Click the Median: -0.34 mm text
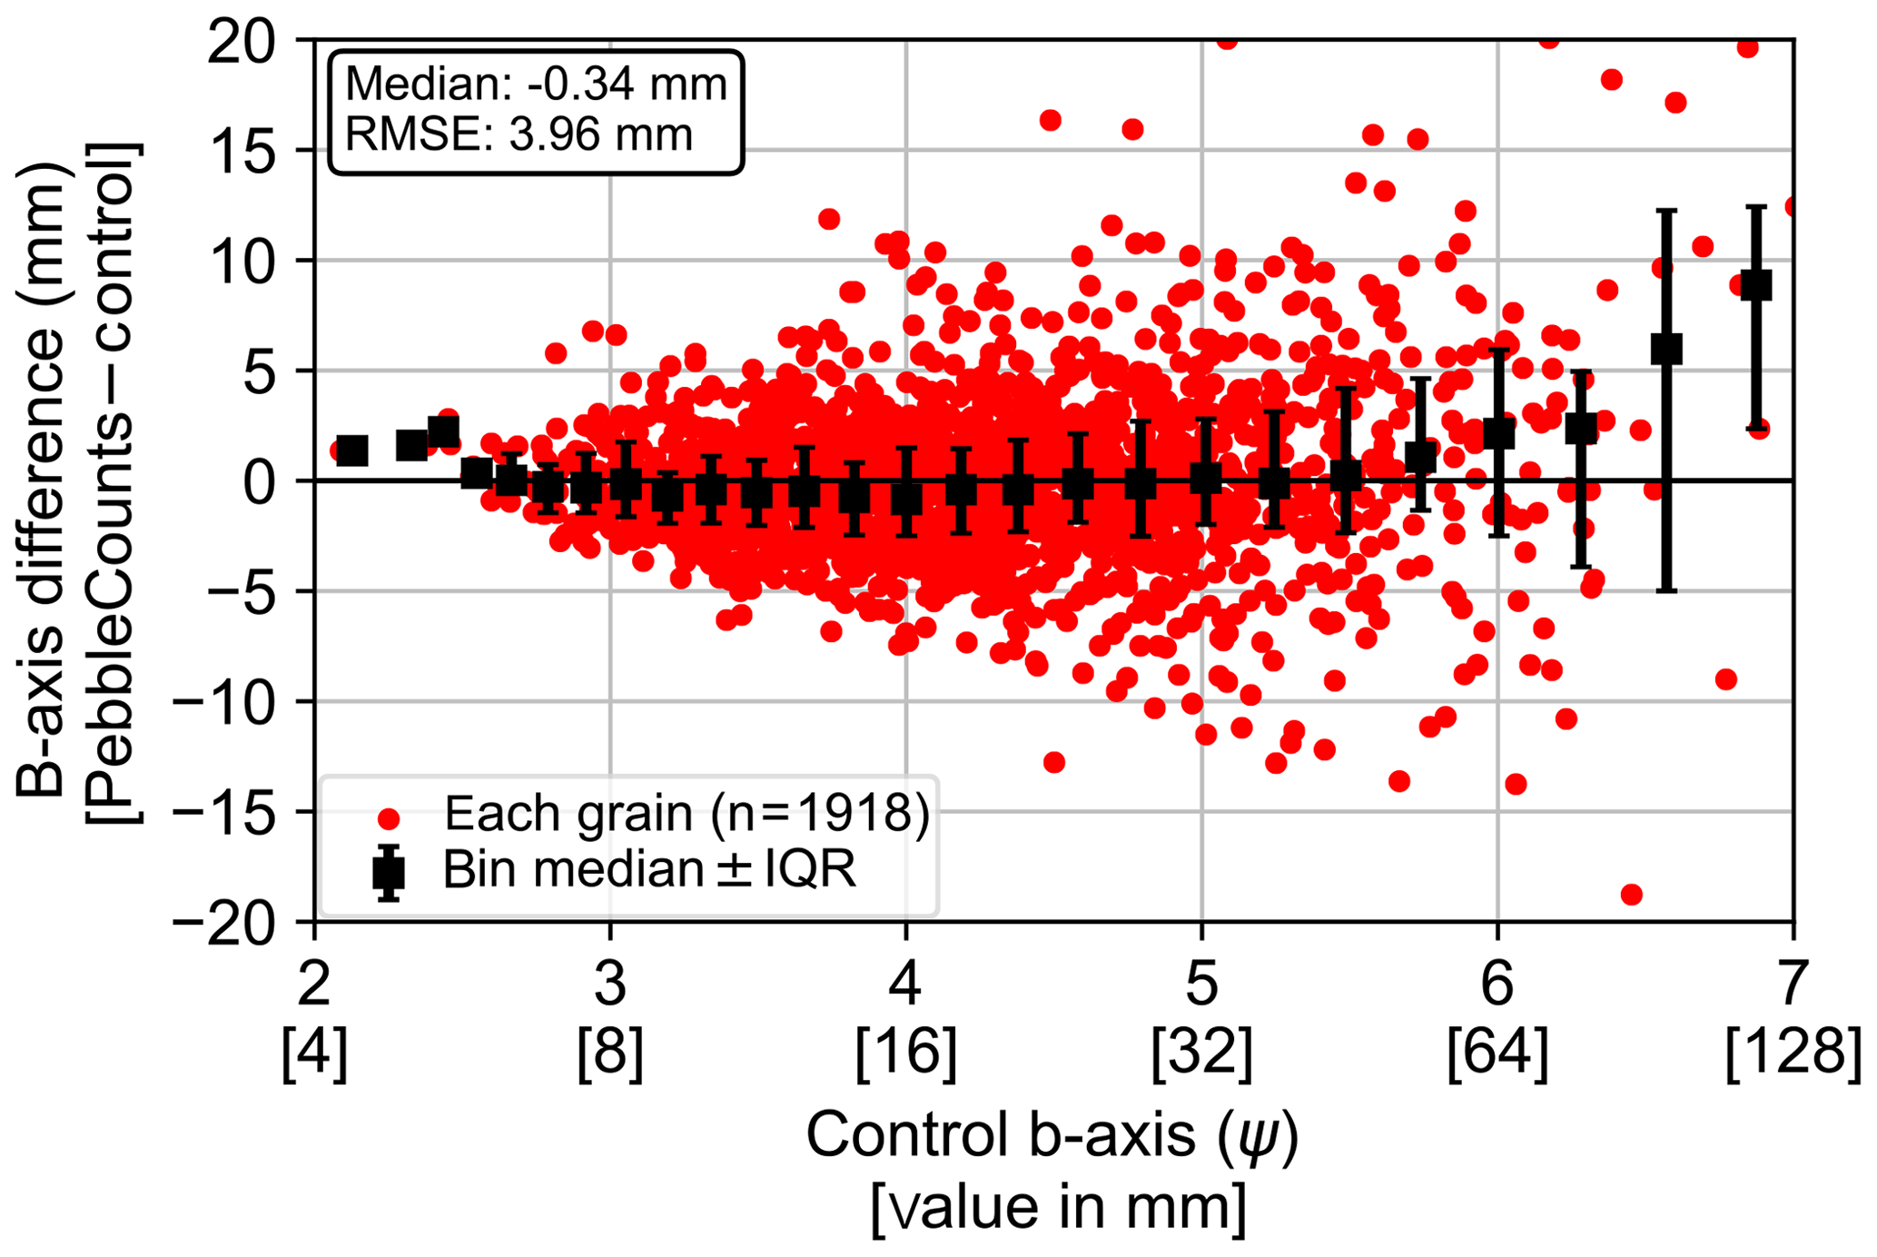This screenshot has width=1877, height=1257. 536,84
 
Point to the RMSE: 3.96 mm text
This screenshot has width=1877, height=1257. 519,134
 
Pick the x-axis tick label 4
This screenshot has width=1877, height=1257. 905,984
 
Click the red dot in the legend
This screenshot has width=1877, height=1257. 389,819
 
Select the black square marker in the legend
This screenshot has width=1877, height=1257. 389,873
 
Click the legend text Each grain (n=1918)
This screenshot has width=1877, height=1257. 687,814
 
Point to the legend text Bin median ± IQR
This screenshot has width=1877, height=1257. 649,870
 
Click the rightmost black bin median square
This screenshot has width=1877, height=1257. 1756,285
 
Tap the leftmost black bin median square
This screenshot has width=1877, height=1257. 351,450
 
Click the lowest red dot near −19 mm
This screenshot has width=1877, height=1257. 1631,895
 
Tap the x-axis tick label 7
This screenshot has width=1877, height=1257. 1793,984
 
